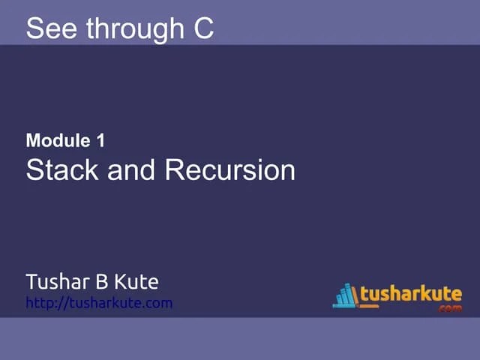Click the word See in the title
52,28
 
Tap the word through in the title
130,28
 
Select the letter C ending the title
200,28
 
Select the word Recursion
229,169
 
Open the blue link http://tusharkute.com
99,303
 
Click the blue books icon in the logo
344,295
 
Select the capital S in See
34,28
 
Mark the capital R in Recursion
175,169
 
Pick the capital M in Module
33,139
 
